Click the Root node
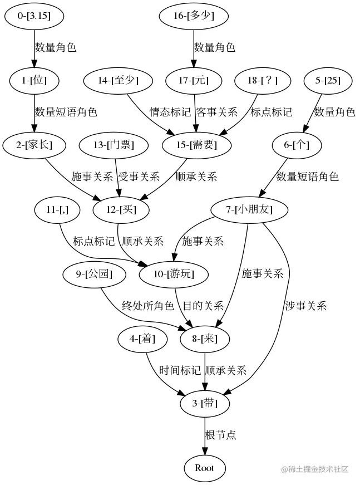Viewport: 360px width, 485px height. [204, 468]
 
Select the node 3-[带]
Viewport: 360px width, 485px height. [206, 403]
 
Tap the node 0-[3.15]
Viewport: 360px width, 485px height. [34, 16]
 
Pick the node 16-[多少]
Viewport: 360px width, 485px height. [194, 16]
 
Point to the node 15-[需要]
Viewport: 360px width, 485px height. [197, 145]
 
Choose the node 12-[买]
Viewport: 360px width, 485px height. [121, 210]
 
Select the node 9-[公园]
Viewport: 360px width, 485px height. [94, 274]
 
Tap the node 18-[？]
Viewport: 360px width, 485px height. [263, 81]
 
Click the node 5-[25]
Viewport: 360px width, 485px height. [328, 81]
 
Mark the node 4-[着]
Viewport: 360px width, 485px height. [142, 339]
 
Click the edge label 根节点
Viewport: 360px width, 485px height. [221, 435]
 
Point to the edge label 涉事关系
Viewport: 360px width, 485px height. [305, 306]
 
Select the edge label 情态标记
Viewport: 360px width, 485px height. [170, 112]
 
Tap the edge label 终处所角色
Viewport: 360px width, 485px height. [148, 306]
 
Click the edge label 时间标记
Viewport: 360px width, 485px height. [180, 370]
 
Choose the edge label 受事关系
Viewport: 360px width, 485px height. [139, 177]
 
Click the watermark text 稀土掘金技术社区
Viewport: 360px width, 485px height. [318, 469]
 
